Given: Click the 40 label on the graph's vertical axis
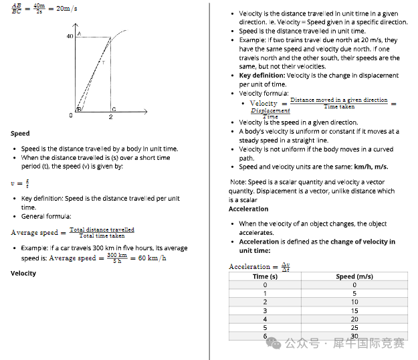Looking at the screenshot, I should click(70, 36).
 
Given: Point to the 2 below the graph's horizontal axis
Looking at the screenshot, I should click(111, 116).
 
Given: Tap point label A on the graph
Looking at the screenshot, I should click(80, 33).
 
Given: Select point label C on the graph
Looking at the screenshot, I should click(114, 109).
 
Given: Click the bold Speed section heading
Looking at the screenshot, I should click(20, 133).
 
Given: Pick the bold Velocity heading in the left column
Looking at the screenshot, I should click(23, 273).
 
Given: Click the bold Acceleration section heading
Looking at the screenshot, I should click(248, 209).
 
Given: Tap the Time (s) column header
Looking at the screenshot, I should click(265, 276).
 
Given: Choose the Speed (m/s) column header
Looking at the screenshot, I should click(354, 276).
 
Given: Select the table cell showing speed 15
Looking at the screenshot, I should click(354, 310).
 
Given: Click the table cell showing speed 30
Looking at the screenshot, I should click(354, 336).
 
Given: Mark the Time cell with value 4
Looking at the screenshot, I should click(265, 319).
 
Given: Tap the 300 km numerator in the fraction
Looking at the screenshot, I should click(117, 254).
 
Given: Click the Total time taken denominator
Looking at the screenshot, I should click(102, 236).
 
